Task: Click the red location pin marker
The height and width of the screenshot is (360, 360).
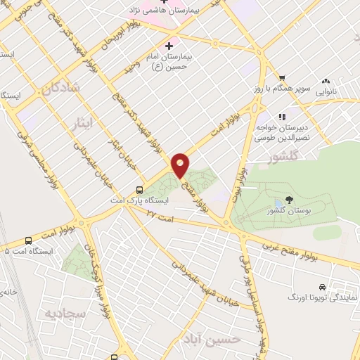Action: click(181, 165)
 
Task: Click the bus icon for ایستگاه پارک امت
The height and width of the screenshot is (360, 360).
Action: click(139, 189)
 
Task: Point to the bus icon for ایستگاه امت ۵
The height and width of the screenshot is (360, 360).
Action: click(28, 240)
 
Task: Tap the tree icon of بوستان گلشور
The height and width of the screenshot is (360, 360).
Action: click(290, 200)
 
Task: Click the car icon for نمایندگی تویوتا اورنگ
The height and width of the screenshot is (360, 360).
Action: click(321, 287)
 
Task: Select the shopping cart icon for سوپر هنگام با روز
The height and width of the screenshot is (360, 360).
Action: click(281, 78)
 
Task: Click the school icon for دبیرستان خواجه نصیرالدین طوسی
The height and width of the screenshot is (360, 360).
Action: click(283, 117)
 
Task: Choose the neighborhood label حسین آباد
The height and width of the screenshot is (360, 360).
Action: click(219, 340)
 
